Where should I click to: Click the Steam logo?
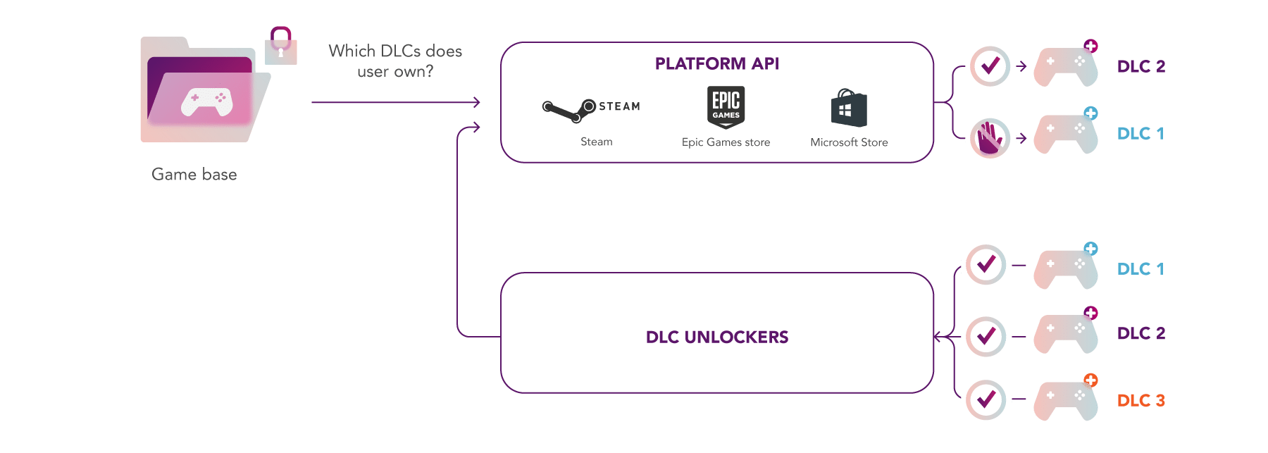590,108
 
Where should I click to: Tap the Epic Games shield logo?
726,107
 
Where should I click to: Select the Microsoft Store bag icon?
848,108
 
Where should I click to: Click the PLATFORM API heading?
716,64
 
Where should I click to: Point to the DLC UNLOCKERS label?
716,337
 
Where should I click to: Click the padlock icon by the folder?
281,46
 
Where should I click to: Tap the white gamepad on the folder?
206,101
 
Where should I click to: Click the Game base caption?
194,175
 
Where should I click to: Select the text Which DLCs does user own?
395,61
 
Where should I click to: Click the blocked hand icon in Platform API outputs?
990,137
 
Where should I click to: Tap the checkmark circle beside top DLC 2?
990,66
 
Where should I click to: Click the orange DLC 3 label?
1140,401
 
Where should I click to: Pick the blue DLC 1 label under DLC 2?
1140,134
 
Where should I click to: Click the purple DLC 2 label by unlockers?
1140,333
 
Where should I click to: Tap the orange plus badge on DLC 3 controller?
1090,380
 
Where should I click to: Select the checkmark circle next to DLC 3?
986,399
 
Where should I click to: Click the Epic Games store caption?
726,142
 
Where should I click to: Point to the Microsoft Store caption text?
849,142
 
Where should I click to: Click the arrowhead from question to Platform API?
477,102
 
